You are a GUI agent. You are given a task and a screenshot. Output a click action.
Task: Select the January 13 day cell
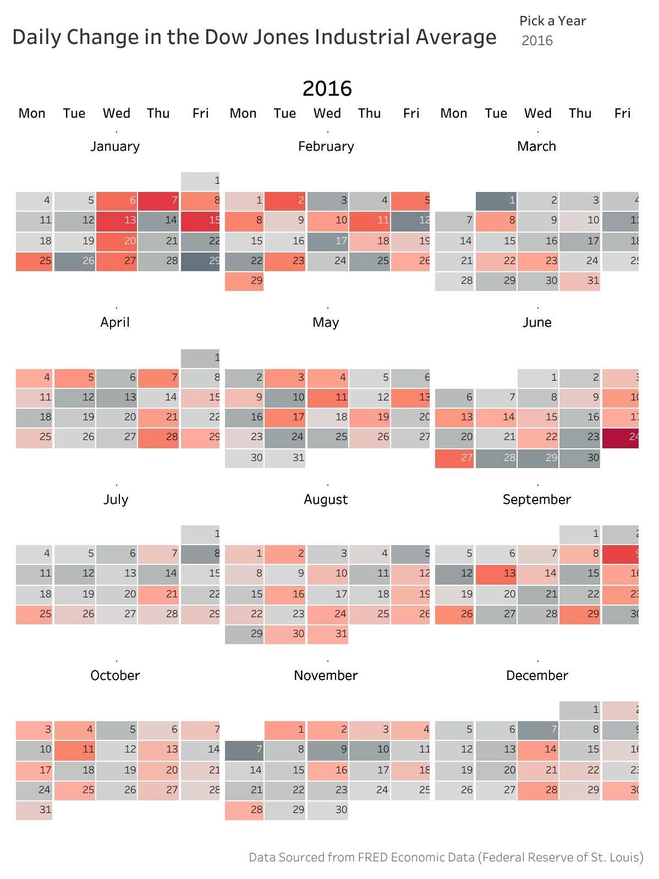(117, 221)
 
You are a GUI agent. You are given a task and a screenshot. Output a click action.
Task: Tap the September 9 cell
(620, 553)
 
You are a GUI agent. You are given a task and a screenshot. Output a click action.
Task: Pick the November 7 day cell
(244, 749)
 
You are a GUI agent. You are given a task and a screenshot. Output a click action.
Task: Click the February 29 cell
(244, 281)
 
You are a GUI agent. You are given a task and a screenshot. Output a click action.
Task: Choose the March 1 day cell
(496, 201)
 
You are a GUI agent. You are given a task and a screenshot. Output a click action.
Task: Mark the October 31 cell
(34, 810)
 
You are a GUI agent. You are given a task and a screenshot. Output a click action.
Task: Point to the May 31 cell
(285, 458)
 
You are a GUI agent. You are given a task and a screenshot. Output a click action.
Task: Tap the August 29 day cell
(244, 634)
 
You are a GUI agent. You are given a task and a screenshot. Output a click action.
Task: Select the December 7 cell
(538, 729)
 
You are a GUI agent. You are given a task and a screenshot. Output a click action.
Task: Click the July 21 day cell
(158, 594)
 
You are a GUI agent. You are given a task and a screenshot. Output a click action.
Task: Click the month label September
(537, 499)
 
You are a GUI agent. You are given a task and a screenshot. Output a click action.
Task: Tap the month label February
(326, 146)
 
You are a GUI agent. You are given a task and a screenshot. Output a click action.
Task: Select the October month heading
(116, 675)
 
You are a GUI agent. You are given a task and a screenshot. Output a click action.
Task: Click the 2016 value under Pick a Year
(537, 41)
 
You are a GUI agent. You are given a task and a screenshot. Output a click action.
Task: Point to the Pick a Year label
(552, 21)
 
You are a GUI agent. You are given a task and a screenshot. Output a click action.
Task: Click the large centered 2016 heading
(327, 89)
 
